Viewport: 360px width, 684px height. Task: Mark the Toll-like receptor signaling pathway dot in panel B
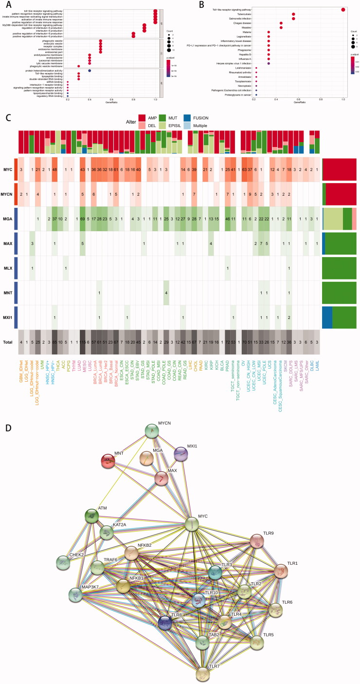coord(343,9)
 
